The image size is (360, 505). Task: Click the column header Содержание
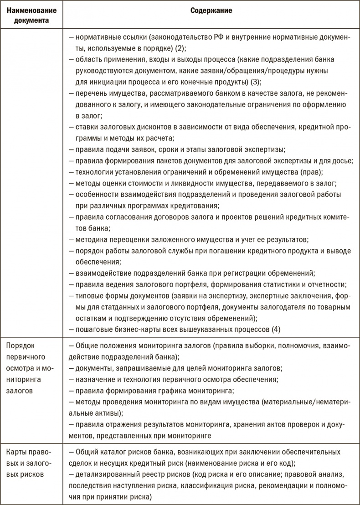(x=211, y=11)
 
